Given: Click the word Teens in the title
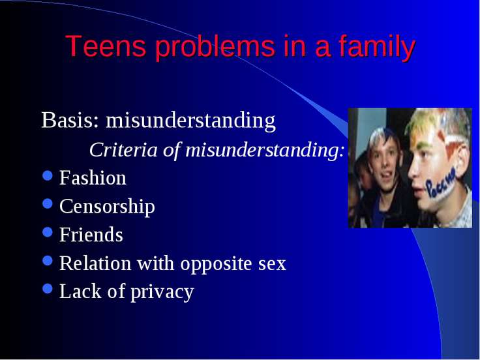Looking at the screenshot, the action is pos(106,46).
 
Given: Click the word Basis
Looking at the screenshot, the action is pos(70,120).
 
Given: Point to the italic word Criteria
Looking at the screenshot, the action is pos(123,150).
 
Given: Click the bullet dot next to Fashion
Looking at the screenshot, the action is pos(48,175).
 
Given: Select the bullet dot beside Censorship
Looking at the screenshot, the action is pos(48,203).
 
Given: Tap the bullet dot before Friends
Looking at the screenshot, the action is pos(48,232).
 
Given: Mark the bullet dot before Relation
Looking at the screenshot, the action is pos(48,260).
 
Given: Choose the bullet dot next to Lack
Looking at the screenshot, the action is pos(48,288).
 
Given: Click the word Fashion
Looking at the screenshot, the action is pos(93,177).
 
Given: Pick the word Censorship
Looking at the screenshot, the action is pos(107,207).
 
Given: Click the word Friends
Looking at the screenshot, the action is pos(91,235).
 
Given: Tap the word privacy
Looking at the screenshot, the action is pos(162,292).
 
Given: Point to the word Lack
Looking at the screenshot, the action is pos(80,291).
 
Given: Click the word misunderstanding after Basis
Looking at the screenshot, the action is pos(190,120).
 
